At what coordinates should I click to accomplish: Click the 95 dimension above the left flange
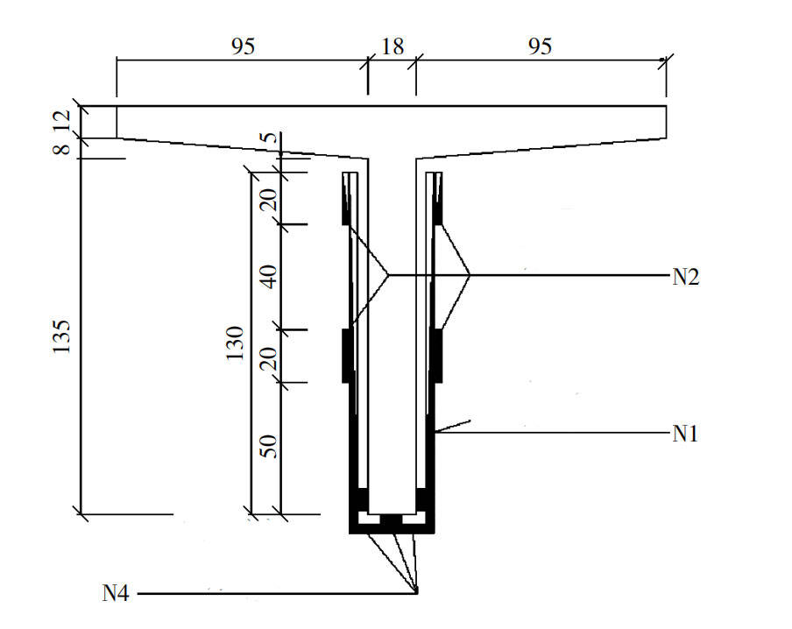[x=243, y=47]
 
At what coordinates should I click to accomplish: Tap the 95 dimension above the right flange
[x=541, y=47]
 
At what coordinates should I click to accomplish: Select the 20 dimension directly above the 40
[x=270, y=200]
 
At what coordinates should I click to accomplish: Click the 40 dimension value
[x=270, y=277]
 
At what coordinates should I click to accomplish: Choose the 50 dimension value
[x=270, y=447]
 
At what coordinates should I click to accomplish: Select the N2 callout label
[x=686, y=278]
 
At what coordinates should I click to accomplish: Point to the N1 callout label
[x=686, y=434]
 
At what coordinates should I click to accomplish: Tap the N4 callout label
[x=116, y=594]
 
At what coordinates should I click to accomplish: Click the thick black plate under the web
[x=392, y=529]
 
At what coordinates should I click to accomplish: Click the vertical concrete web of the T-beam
[x=392, y=333]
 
